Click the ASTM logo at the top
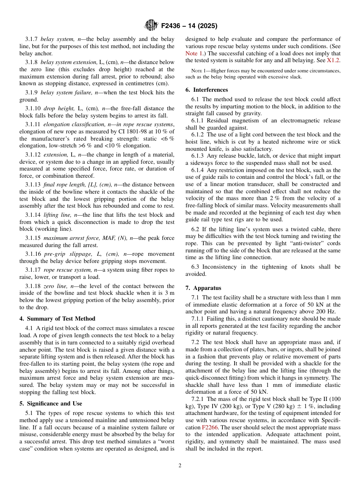point(151,26)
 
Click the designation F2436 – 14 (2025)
point(189,26)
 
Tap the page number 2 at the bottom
point(180,465)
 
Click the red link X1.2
point(333,61)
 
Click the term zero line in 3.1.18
point(55,286)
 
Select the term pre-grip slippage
point(65,254)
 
